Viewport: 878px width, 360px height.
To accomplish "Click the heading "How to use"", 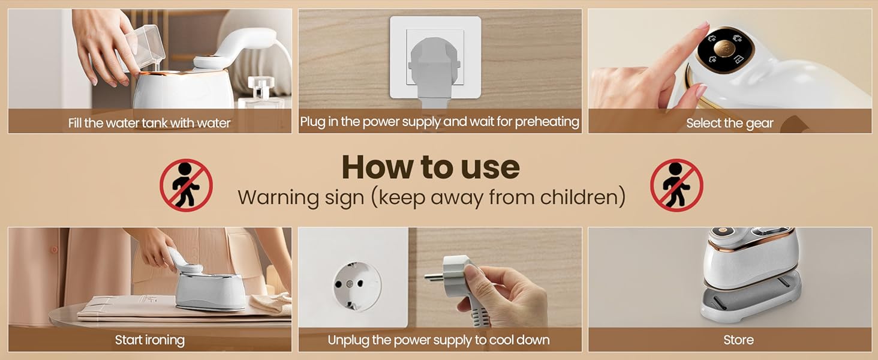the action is pyautogui.click(x=431, y=167).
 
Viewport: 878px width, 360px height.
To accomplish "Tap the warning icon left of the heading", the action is pyautogui.click(x=186, y=185).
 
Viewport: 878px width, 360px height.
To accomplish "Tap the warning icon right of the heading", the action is pyautogui.click(x=676, y=185).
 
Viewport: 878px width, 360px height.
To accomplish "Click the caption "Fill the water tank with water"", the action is pyautogui.click(x=149, y=123).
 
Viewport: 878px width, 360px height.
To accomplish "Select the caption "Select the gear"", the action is pyautogui.click(x=730, y=123).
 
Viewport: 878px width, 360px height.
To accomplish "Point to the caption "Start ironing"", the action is pyautogui.click(x=150, y=340).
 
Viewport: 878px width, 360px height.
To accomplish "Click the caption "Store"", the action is pyautogui.click(x=738, y=340).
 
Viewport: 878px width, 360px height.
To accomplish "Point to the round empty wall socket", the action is pyautogui.click(x=357, y=286).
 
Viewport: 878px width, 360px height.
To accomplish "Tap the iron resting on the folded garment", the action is pyautogui.click(x=208, y=284).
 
